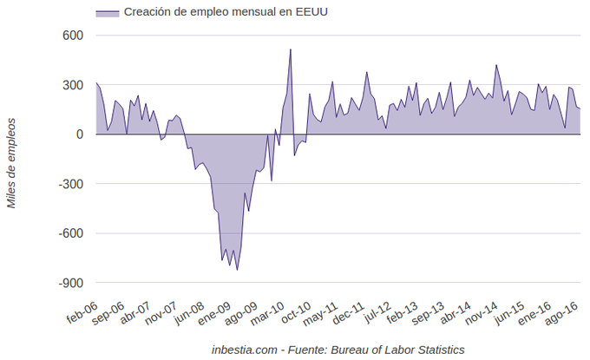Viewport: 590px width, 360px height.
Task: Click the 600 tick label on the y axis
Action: (x=71, y=36)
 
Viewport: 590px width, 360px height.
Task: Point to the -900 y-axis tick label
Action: (x=69, y=283)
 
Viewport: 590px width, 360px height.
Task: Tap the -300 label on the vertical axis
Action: (x=69, y=184)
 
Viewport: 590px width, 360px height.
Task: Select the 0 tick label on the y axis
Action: (x=79, y=134)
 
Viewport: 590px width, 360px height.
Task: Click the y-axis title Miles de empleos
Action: (x=12, y=163)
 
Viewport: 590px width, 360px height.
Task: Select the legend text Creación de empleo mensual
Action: (x=226, y=12)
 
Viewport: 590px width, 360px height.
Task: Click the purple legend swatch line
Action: (x=107, y=13)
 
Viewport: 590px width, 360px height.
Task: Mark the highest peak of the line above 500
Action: (x=291, y=49)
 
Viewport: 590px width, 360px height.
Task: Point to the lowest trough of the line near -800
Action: (x=237, y=271)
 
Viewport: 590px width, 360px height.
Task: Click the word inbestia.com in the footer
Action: (x=245, y=350)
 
